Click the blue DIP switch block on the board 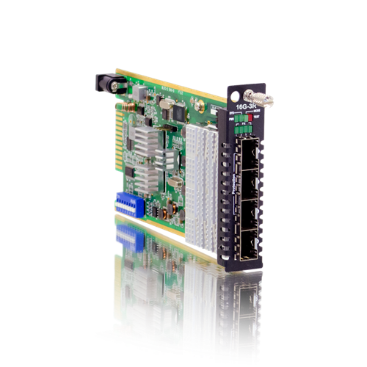click(127, 203)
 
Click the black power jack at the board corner click(107, 82)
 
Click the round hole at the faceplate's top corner click(233, 97)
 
